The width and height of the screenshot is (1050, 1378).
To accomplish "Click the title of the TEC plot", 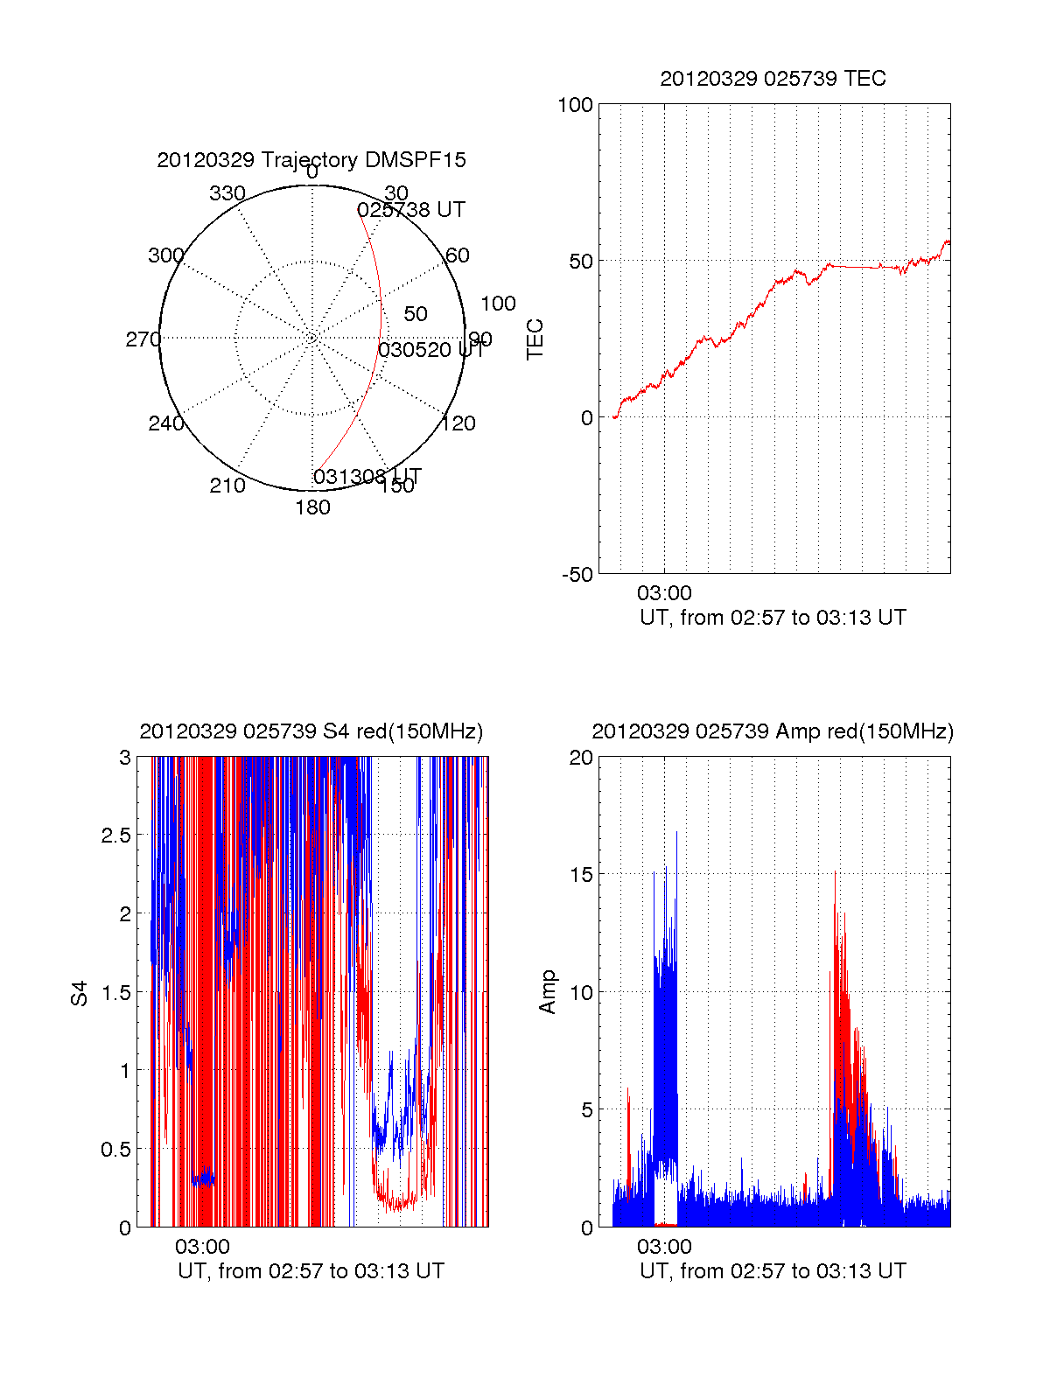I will (773, 79).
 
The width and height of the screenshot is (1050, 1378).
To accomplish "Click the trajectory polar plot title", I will (311, 160).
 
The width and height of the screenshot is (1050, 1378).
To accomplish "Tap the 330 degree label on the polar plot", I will (227, 193).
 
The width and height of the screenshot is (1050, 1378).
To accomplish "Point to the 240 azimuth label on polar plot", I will (165, 423).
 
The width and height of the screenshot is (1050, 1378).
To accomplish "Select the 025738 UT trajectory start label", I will (411, 210).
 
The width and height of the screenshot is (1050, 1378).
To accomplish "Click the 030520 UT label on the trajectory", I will (430, 350).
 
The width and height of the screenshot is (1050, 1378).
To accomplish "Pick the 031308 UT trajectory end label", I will (367, 477).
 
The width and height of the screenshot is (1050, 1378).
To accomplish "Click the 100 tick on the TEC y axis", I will (575, 106).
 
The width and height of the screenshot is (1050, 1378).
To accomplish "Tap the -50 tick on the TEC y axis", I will (577, 575).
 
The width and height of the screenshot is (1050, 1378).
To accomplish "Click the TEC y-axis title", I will (535, 339).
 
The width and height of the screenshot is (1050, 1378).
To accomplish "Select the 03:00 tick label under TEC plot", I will (664, 593).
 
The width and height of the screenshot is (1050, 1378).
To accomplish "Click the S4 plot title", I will (311, 731).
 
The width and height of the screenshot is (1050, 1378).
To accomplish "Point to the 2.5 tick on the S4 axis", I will (116, 836).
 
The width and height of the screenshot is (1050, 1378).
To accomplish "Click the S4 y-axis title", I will (80, 993).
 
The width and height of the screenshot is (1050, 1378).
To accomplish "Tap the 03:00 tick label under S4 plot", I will (202, 1247).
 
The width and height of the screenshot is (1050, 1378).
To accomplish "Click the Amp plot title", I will (773, 731).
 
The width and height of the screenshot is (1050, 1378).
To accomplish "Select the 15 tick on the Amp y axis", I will (581, 875).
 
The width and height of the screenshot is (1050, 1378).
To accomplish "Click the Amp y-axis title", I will (548, 992).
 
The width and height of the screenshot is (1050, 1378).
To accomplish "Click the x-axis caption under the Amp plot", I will (773, 1271).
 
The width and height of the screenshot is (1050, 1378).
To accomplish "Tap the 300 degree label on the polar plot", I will (165, 255).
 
